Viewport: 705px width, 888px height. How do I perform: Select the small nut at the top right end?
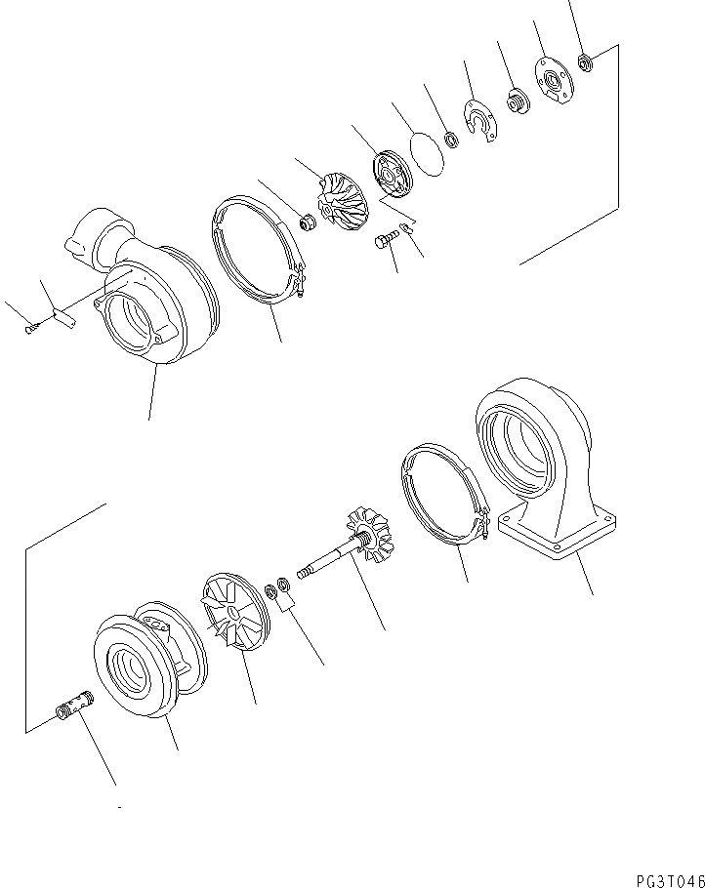585,63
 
